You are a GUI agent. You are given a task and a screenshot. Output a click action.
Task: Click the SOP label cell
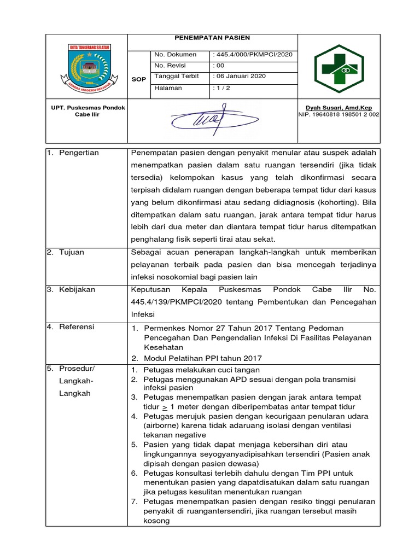(x=139, y=79)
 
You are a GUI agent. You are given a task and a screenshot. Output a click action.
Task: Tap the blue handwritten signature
(x=212, y=117)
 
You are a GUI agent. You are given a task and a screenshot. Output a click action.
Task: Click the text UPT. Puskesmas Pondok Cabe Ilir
(x=87, y=111)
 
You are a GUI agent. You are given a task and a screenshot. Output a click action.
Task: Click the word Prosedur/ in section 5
(x=77, y=369)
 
